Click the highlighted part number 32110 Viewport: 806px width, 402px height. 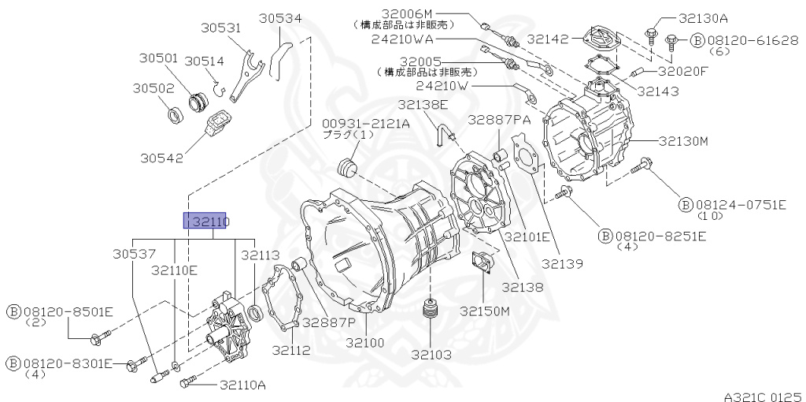pos(205,221)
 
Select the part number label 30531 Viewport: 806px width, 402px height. pos(220,28)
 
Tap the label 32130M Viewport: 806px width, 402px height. pos(683,142)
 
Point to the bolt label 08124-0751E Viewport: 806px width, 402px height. pos(740,205)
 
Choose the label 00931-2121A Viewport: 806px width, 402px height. pos(366,123)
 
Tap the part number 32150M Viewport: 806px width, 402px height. pos(485,311)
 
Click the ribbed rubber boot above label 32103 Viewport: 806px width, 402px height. pos(430,310)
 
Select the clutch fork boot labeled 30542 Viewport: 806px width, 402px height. pos(220,127)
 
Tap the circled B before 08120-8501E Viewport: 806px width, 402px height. pos(13,311)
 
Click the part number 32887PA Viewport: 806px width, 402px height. pos(499,120)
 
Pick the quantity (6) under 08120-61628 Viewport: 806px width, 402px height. pos(720,51)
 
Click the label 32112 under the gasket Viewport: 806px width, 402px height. pos(291,350)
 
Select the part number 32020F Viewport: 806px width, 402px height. pos(682,71)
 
